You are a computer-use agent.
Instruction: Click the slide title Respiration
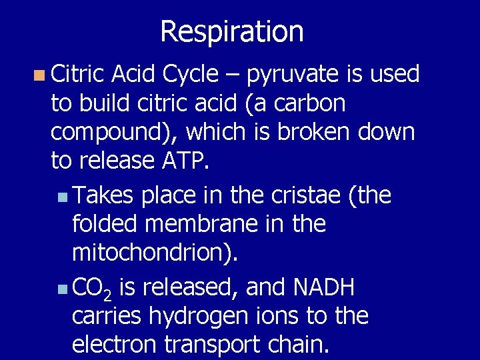232,31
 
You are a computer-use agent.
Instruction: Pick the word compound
109,132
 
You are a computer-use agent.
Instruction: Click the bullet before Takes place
62,197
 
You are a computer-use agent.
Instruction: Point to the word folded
104,223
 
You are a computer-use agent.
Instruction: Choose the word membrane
201,223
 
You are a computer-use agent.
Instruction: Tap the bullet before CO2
62,289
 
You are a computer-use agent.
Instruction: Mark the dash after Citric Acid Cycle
231,75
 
